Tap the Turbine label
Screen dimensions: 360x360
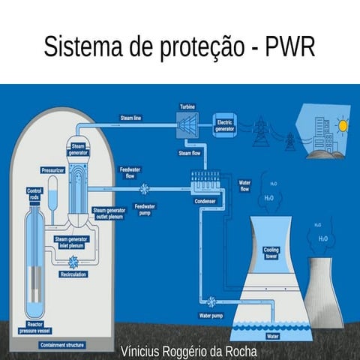point(187,106)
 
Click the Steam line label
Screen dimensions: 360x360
point(131,118)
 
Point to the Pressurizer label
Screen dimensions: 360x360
point(53,170)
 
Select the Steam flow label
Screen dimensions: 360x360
point(189,153)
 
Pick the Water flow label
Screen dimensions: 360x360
point(244,185)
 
